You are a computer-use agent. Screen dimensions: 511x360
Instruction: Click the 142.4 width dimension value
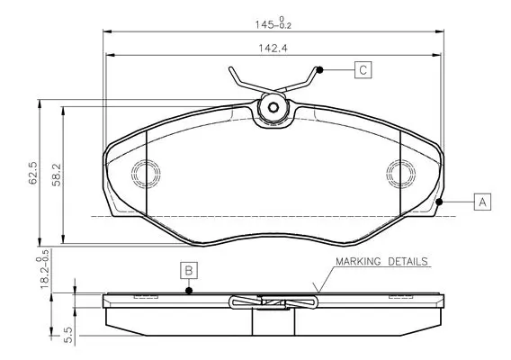(273, 49)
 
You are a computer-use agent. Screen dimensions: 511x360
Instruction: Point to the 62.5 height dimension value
(33, 173)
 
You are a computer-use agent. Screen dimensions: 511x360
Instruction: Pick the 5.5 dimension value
(69, 335)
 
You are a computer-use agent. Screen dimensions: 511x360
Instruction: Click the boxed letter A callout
(482, 202)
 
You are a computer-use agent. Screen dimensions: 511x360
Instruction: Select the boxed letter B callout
(189, 271)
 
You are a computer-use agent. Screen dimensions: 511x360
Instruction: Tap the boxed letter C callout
(363, 70)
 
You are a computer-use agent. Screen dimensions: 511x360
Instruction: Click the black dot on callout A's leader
(439, 202)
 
